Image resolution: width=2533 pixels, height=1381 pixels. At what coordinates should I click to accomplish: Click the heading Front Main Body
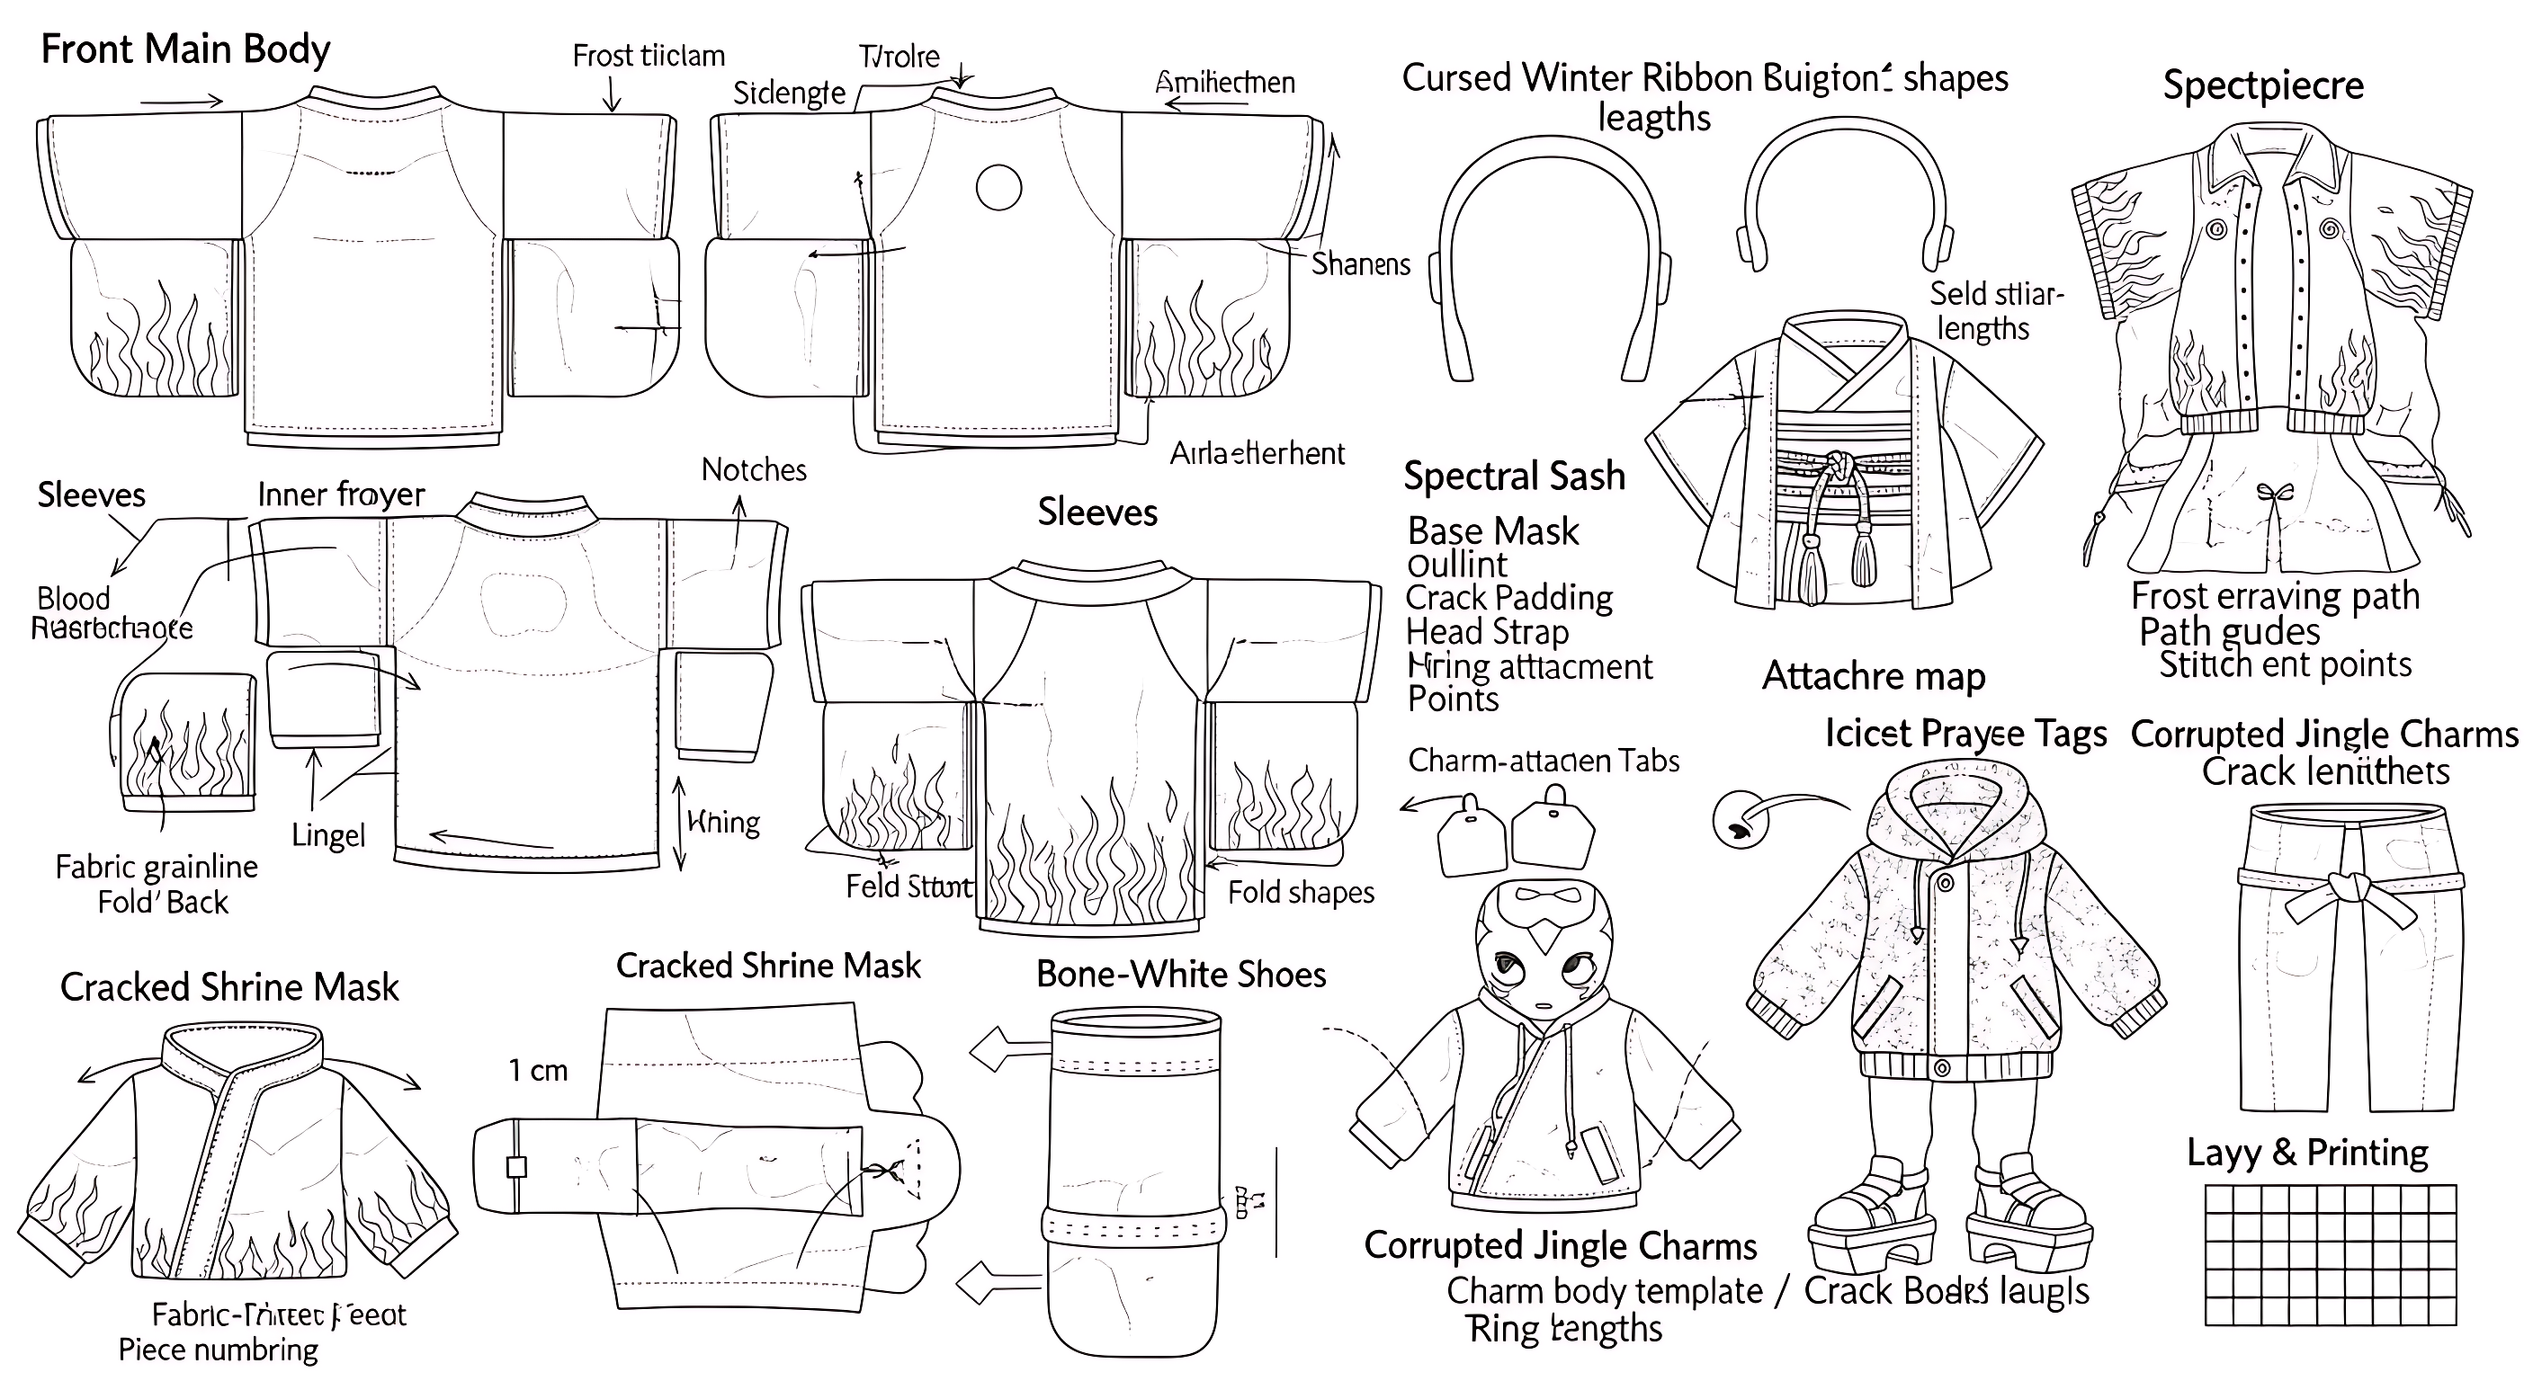point(185,49)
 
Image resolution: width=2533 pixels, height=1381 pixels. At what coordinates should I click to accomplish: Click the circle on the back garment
point(998,188)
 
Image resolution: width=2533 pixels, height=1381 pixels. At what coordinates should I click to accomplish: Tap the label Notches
point(753,470)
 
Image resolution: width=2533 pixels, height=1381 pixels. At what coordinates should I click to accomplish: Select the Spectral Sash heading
point(1513,476)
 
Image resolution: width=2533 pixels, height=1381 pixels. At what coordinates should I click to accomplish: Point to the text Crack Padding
point(1508,598)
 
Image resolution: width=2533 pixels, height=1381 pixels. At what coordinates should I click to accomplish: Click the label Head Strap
point(1487,631)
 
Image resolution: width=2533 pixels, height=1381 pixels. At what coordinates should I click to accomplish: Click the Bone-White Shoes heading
point(1181,974)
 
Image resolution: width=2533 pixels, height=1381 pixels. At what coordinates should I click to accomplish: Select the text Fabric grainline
point(157,867)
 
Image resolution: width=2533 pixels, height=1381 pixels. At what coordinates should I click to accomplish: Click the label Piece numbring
point(219,1350)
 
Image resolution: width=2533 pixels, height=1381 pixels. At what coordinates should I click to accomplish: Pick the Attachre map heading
point(1873,676)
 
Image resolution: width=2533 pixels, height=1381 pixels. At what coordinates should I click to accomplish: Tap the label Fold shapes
point(1300,893)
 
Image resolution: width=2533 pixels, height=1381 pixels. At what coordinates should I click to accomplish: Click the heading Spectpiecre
point(2262,85)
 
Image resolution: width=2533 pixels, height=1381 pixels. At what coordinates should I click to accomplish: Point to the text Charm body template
point(1605,1290)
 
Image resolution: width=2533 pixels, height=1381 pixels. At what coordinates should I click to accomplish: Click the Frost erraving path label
point(2274,596)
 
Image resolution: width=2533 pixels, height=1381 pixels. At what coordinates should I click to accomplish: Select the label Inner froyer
point(340,494)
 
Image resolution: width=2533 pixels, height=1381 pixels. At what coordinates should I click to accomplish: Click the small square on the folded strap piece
point(516,1167)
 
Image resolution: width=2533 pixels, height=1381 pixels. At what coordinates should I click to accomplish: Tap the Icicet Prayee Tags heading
point(1965,735)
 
